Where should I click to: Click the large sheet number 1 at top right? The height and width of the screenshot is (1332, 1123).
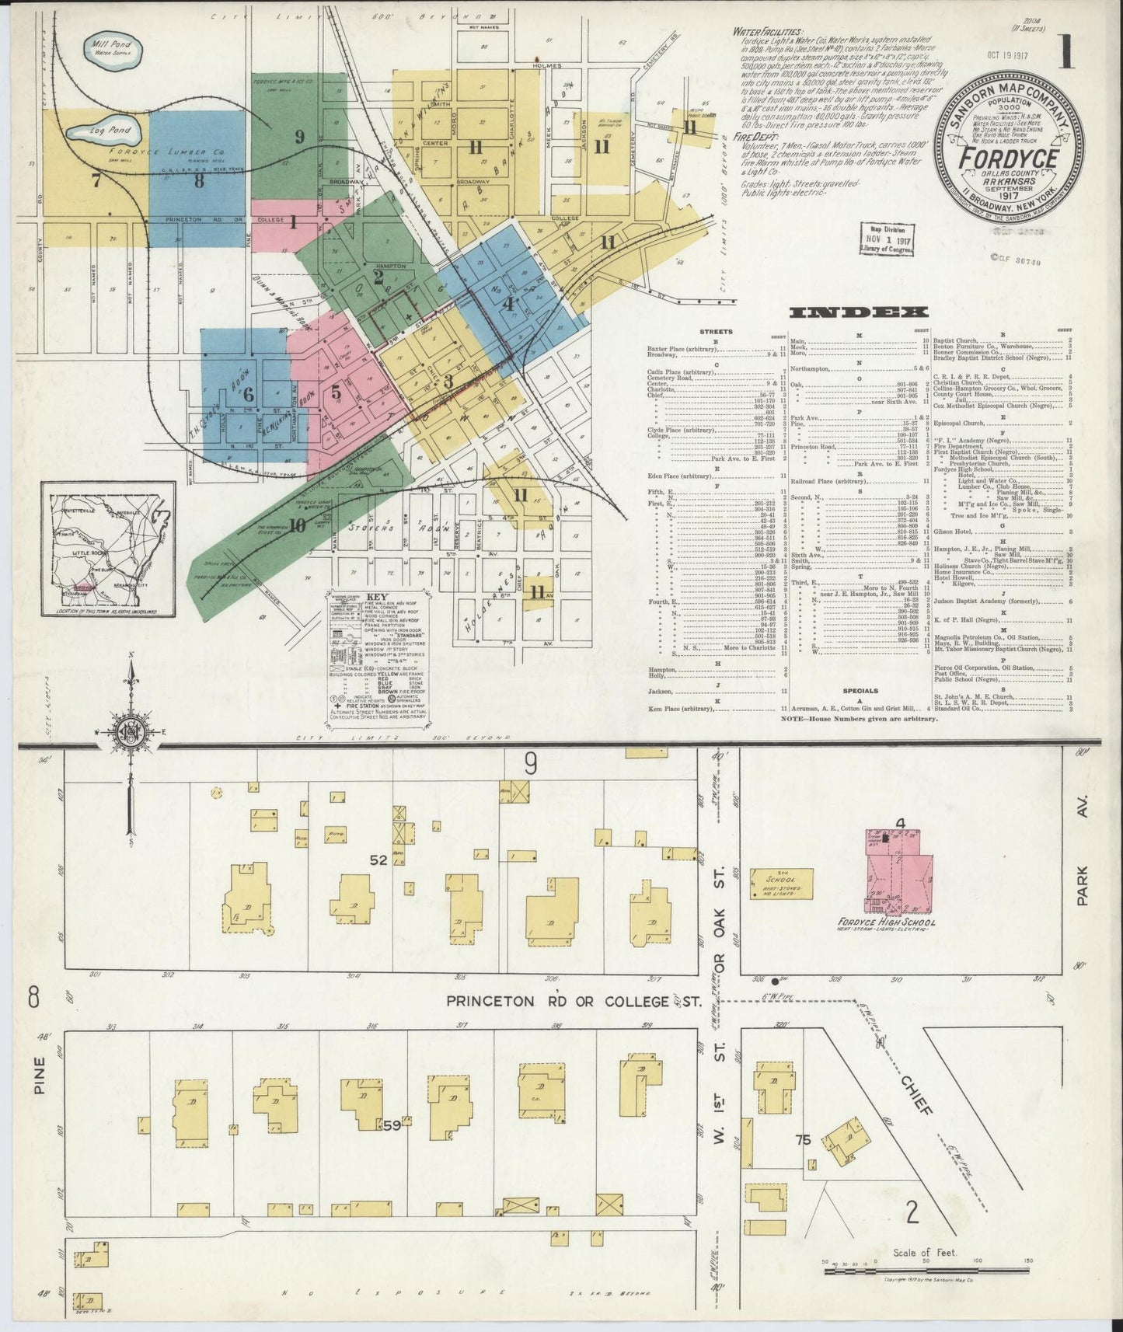pos(1065,55)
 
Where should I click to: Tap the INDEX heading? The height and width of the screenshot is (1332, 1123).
pos(859,312)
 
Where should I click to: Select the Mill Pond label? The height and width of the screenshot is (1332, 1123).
pos(112,48)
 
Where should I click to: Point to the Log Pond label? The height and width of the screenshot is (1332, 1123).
pos(110,131)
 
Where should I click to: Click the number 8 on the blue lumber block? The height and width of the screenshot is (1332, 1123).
pos(200,181)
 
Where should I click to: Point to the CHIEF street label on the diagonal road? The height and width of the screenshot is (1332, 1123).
pos(917,1096)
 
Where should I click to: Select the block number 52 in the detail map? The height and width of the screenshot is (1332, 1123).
pos(378,860)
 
